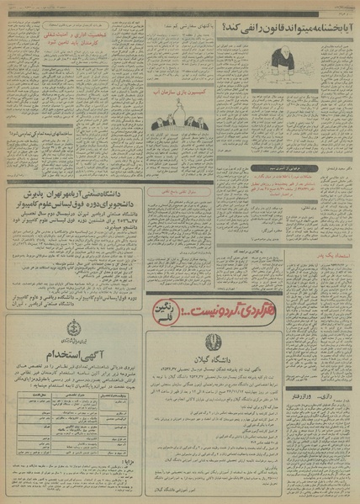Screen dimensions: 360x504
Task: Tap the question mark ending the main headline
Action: coord(225,28)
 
